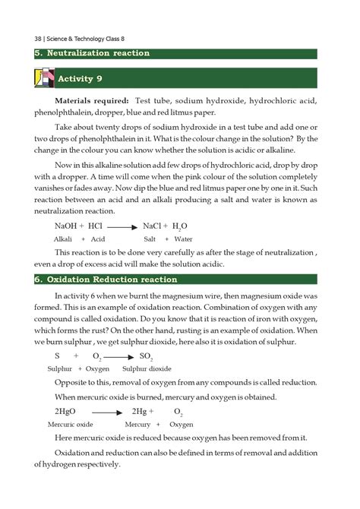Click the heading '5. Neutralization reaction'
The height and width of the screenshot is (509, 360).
[92, 53]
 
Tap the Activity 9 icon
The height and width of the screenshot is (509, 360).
[45, 79]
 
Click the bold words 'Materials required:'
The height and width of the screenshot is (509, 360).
[92, 101]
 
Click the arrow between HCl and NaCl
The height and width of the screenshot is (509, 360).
[122, 226]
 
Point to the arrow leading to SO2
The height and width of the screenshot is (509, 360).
[120, 356]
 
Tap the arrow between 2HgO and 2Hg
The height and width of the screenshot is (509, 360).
[108, 412]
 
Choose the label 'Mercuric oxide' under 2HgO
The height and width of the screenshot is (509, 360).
[70, 425]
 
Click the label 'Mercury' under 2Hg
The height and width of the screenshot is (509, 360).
[137, 425]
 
